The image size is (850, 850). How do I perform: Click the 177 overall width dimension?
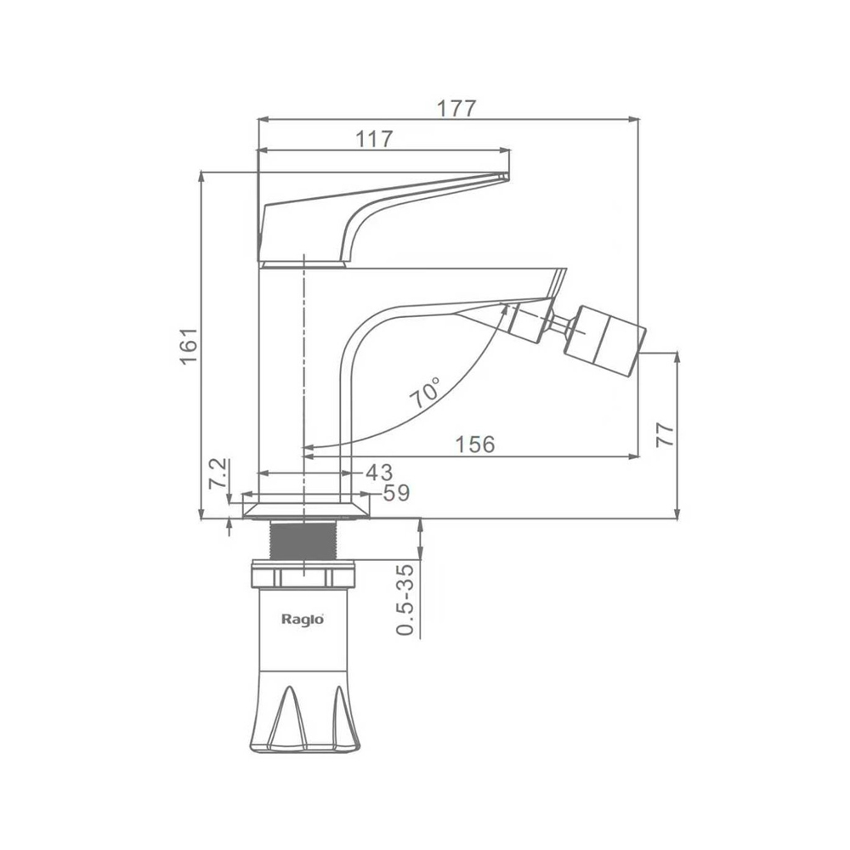click(456, 109)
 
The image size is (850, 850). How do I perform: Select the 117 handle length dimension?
click(374, 139)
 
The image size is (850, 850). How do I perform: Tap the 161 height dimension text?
click(190, 346)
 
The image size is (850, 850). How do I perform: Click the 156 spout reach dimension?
click(475, 445)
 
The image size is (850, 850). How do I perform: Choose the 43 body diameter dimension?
click(379, 472)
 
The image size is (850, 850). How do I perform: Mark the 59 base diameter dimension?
click(396, 493)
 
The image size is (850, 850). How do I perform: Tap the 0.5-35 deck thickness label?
click(405, 599)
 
